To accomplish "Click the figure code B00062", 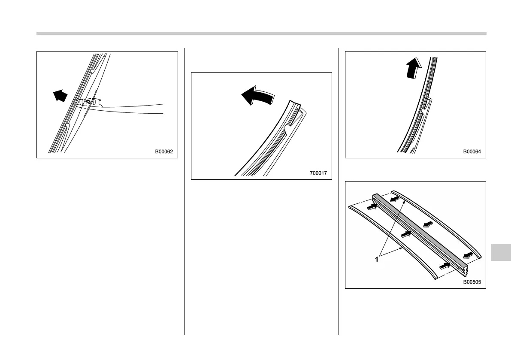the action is coord(166,151).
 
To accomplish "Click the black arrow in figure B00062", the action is coord(61,95).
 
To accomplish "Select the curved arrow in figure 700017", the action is coord(257,94).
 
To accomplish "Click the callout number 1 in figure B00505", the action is coord(377,259).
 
